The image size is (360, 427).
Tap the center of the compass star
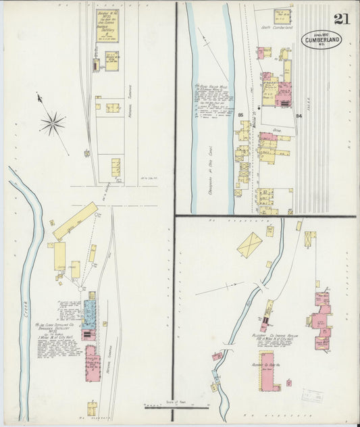click(x=52, y=123)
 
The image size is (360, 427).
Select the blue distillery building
click(x=88, y=314)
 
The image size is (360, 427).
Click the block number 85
click(x=241, y=115)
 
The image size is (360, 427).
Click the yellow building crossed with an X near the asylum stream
click(x=249, y=245)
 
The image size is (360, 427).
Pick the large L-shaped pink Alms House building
click(x=267, y=371)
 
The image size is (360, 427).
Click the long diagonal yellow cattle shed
click(x=75, y=220)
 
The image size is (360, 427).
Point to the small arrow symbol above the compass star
click(x=41, y=99)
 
